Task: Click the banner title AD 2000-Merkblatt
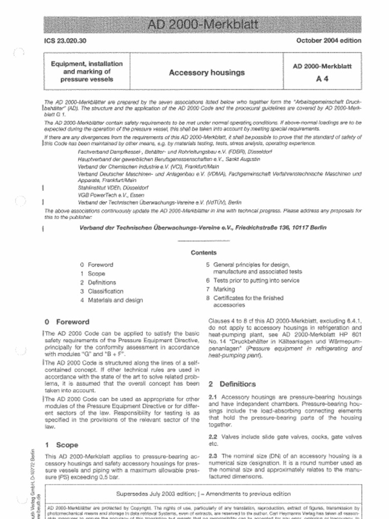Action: (203, 25)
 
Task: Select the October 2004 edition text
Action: (329, 41)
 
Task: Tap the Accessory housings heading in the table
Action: (207, 72)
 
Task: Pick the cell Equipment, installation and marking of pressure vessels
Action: (87, 71)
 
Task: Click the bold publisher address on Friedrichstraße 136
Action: (203, 228)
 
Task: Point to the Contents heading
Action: (204, 252)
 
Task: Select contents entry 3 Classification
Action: (102, 291)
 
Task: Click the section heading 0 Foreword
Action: (67, 322)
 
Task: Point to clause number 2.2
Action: (213, 436)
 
